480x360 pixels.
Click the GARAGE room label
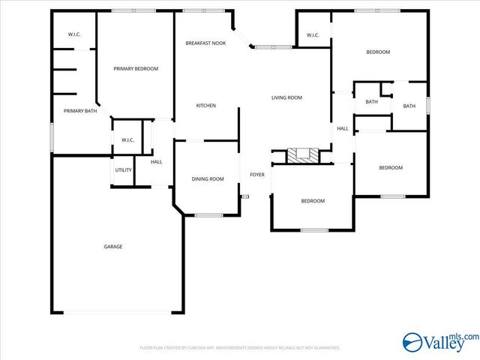point(113,247)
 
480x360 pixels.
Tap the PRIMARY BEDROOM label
point(136,69)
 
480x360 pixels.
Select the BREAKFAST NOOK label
point(205,43)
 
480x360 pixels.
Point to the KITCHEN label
point(205,106)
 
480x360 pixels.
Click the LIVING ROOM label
point(286,97)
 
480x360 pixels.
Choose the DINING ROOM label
point(208,179)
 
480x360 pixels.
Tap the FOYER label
point(257,175)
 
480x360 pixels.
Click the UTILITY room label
point(124,170)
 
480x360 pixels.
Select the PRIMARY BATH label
point(79,111)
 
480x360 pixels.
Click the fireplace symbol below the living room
point(303,156)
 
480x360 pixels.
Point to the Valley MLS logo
point(439,343)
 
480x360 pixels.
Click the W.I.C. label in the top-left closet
point(74,34)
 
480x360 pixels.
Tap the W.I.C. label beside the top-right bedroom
point(313,35)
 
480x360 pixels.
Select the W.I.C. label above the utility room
point(127,140)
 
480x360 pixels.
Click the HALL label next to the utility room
point(157,162)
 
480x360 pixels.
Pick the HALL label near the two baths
point(342,129)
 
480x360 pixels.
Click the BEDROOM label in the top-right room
point(378,52)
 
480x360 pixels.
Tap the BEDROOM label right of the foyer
point(313,201)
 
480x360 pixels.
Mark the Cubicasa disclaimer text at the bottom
point(240,348)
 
